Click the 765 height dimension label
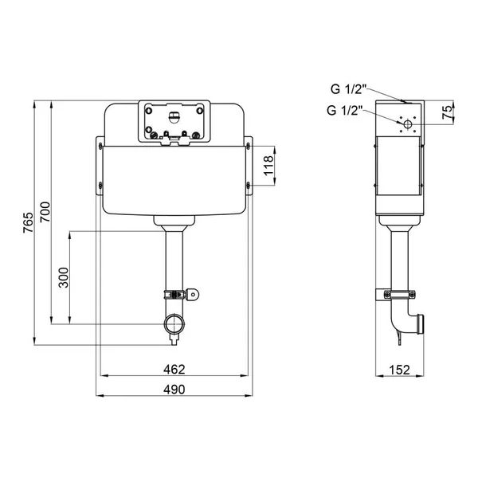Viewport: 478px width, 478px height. [x=29, y=222]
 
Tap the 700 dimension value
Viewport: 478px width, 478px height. [x=45, y=212]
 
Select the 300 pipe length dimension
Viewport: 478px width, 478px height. [x=64, y=277]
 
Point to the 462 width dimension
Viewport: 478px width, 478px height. [x=174, y=369]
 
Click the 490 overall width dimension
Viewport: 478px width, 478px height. [x=174, y=390]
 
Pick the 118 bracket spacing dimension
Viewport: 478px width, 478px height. [x=269, y=166]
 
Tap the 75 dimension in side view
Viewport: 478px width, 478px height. [x=448, y=112]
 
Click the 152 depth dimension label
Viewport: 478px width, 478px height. [x=399, y=370]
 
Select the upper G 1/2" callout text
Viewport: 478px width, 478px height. [x=348, y=89]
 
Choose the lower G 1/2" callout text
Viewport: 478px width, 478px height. [x=344, y=110]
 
